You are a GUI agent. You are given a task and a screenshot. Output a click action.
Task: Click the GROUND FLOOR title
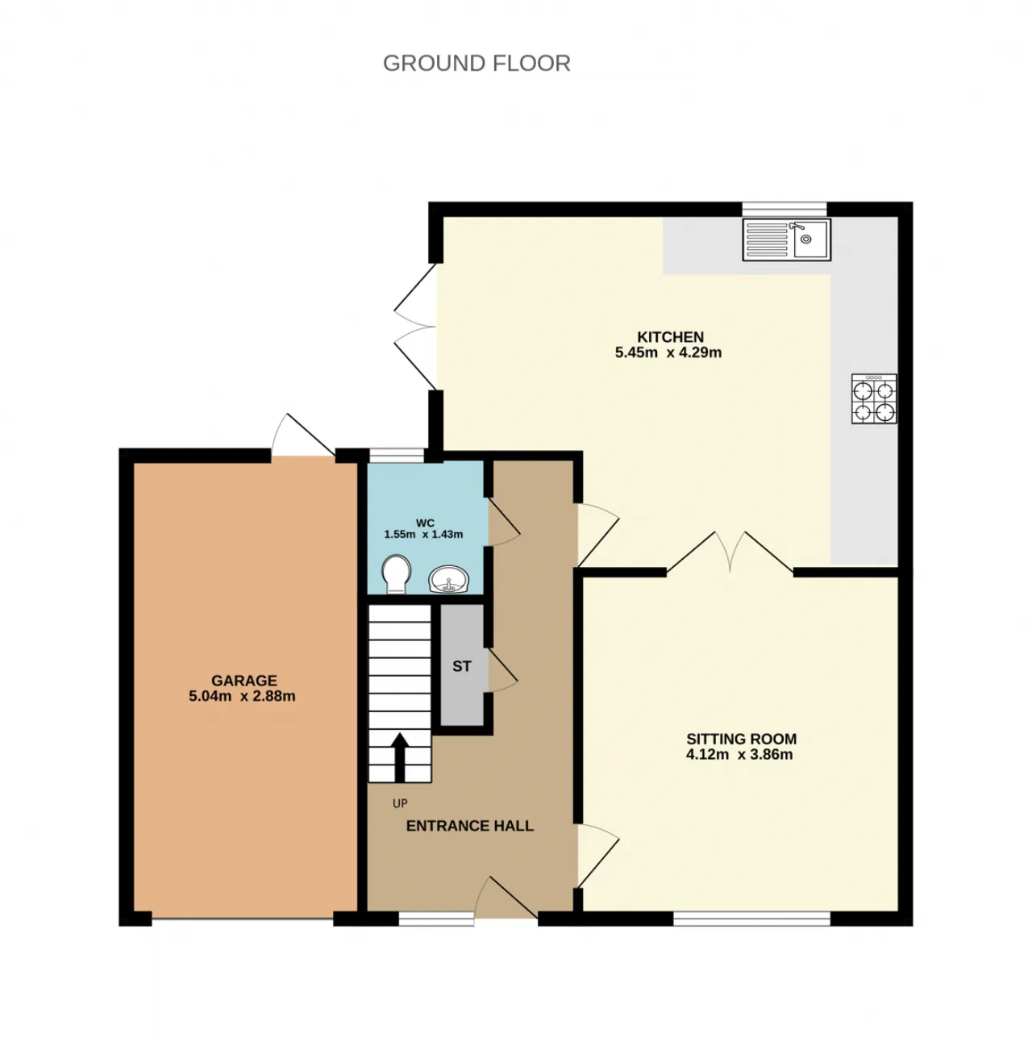pos(476,63)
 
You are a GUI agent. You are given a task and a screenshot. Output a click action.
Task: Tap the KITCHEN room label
pos(670,337)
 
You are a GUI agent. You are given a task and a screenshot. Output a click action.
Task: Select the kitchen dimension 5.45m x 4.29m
pos(668,352)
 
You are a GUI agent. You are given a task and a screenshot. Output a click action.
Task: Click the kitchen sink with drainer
pos(786,239)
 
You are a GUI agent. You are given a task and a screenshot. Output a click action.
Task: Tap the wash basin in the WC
pos(449,579)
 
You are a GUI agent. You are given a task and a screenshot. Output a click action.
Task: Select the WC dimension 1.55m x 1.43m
pos(423,535)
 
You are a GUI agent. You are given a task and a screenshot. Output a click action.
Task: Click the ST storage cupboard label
pos(461,667)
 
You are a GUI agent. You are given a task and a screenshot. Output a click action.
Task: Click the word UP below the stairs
pos(400,803)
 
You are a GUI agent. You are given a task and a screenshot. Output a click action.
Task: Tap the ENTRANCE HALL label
pos(469,826)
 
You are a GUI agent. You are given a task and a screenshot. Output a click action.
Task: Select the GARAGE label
pos(243,681)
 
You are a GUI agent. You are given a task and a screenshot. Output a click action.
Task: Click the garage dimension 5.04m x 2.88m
pos(242,697)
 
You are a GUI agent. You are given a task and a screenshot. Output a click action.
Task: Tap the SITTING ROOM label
pos(741,739)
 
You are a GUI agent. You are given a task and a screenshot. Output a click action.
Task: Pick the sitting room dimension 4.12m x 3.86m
pos(739,756)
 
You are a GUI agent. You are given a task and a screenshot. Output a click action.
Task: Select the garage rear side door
pos(300,435)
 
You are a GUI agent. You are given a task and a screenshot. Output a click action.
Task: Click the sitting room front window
pos(751,918)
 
